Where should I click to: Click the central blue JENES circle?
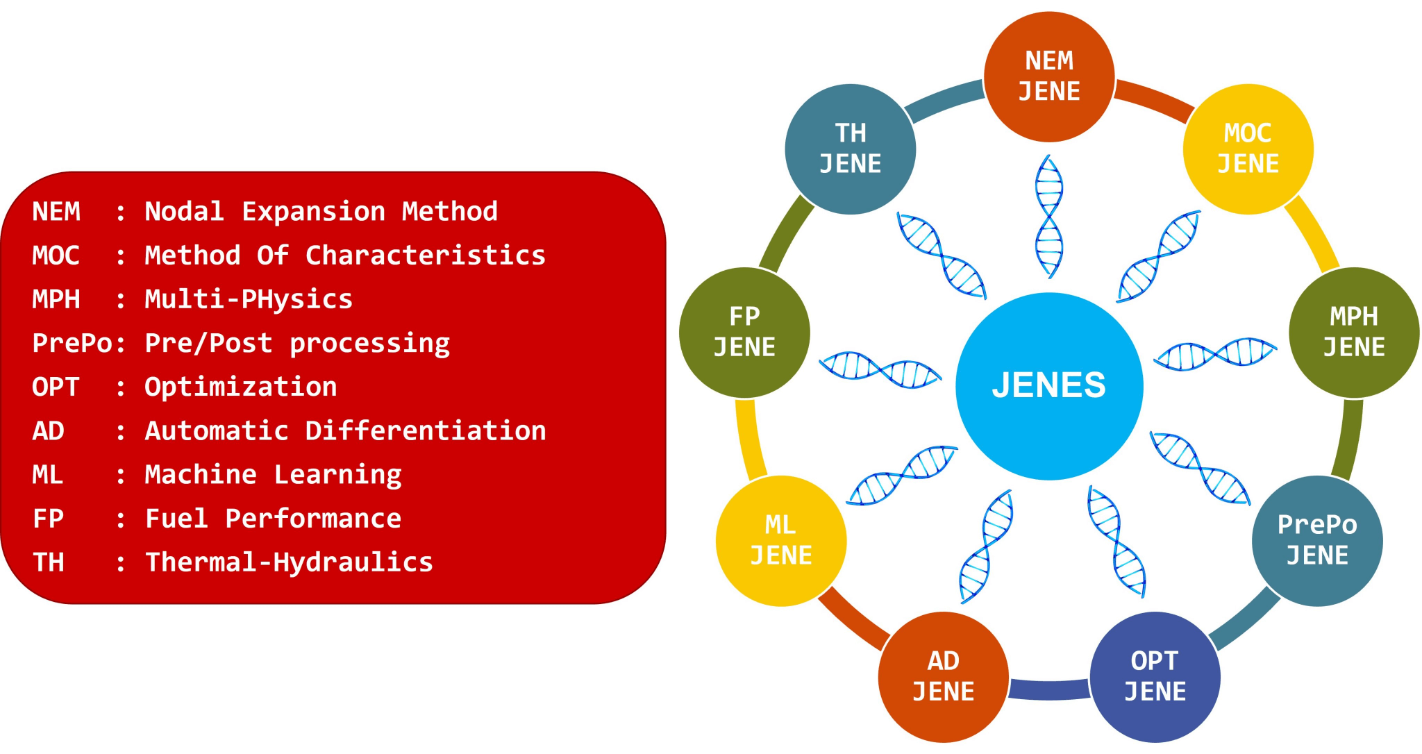point(1049,386)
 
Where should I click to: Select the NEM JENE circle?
point(1049,76)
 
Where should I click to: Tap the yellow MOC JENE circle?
point(1248,149)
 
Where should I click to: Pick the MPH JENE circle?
point(1354,333)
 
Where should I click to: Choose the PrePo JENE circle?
point(1317,541)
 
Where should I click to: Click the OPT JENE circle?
point(1155,677)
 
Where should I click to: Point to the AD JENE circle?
point(943,677)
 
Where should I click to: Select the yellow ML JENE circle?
point(781,541)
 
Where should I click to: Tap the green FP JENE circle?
point(744,333)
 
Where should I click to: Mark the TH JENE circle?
point(851,149)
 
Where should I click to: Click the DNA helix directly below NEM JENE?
point(1049,217)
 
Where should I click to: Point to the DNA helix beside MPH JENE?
point(1215,354)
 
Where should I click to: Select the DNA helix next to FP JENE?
point(880,369)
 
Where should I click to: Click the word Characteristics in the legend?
point(426,255)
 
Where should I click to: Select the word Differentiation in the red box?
point(426,431)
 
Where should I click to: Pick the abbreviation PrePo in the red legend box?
point(72,343)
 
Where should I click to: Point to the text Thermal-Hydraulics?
point(289,562)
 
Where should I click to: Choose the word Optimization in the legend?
point(241,387)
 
